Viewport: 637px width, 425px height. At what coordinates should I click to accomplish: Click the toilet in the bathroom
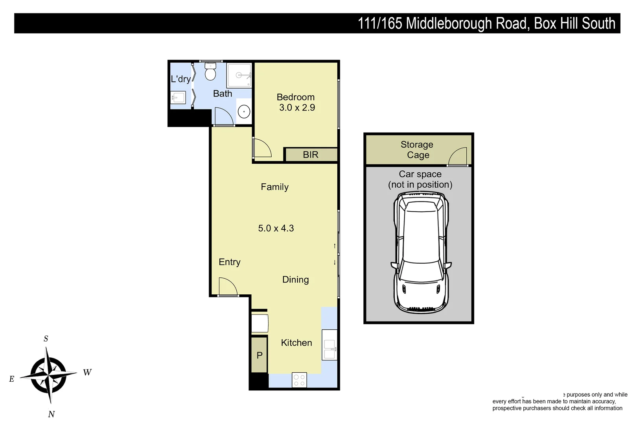coord(210,72)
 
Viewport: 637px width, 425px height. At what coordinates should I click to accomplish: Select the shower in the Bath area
coord(239,75)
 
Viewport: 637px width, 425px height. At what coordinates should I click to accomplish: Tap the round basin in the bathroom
coord(244,112)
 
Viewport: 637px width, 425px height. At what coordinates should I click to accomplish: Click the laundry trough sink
coord(178,97)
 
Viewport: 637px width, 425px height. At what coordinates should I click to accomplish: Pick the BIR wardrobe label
coord(310,155)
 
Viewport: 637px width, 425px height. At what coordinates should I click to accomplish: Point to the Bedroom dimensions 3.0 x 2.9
coord(297,107)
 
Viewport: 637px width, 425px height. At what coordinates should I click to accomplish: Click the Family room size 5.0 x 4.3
coord(276,228)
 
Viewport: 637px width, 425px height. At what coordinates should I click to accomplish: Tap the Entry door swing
coord(227,287)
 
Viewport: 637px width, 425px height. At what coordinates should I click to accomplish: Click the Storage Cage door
coord(457,157)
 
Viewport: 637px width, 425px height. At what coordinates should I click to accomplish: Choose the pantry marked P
coord(260,355)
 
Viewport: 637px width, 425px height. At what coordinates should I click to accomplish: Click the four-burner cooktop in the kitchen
coord(299,380)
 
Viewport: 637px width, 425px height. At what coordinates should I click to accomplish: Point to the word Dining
coord(295,279)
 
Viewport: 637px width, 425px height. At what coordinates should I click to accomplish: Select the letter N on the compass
coord(51,414)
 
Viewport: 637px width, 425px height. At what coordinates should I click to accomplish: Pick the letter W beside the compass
coord(87,372)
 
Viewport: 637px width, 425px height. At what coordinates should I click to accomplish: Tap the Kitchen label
coord(296,343)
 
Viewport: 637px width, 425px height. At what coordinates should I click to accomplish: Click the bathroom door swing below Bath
coord(223,116)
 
